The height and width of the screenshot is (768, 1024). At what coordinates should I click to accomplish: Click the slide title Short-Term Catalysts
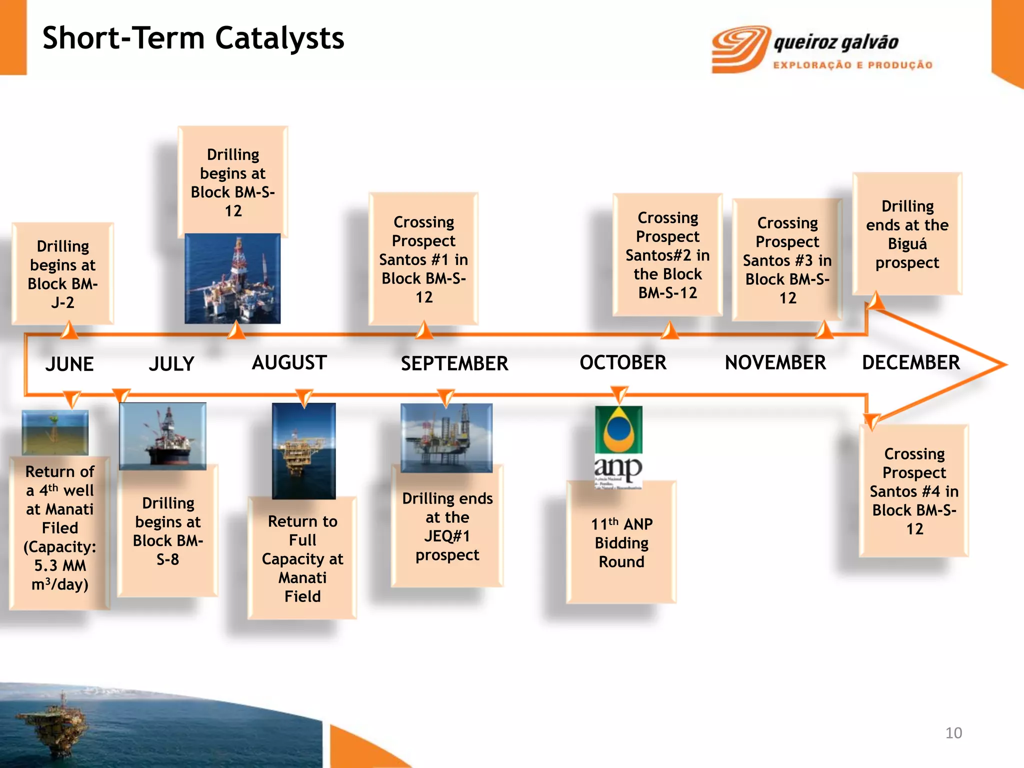coord(193,38)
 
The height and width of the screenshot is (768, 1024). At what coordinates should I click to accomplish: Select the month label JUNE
coord(69,363)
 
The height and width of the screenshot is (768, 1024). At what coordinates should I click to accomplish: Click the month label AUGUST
coord(289,362)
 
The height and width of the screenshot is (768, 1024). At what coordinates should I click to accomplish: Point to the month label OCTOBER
coord(622,362)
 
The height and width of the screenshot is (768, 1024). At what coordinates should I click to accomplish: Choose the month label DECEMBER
coord(910,362)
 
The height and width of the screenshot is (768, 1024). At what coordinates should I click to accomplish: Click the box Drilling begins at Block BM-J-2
coord(63,274)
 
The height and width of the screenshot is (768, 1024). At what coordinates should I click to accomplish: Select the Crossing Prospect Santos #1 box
coord(423,259)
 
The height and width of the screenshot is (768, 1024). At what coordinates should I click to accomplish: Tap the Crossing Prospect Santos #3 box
coord(787,260)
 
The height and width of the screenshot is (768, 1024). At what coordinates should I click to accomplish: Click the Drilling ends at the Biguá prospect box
coord(907,234)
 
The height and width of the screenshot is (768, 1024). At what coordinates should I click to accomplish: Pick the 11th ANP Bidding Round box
coord(621,542)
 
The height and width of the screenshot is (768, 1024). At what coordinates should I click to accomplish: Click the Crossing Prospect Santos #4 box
coord(914,491)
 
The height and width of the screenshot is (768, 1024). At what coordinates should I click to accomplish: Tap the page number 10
coord(953,733)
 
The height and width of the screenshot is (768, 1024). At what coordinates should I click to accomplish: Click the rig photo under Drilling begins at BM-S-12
coord(232,278)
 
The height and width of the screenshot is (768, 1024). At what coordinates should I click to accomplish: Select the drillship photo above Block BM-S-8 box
coord(162,435)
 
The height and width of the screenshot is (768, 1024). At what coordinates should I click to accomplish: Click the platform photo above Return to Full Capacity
coord(303,450)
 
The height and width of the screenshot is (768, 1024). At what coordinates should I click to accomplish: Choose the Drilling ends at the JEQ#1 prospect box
coord(447,526)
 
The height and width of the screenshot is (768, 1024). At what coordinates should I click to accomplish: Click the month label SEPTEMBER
coord(454,363)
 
